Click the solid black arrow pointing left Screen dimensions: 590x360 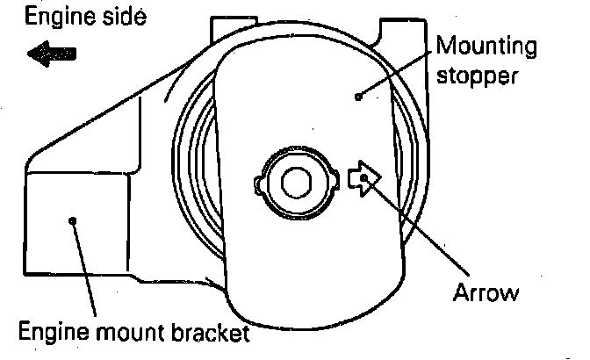click(51, 54)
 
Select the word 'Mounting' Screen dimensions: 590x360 click(486, 44)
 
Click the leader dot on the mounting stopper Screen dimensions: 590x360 click(358, 95)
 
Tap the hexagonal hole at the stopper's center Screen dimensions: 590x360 click(297, 183)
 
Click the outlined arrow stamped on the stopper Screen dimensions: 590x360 click(363, 178)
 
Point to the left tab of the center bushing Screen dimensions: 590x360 click(258, 185)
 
